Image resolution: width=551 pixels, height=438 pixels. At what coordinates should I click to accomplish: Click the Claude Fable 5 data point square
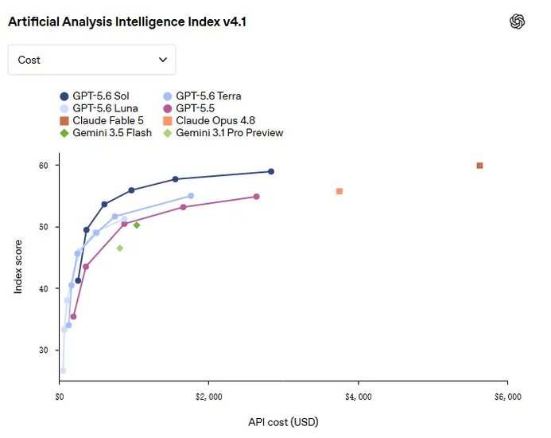(x=479, y=166)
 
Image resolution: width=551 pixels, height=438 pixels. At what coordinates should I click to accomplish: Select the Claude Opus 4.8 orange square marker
(x=340, y=191)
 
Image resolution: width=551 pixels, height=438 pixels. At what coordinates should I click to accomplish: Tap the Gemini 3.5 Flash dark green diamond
(x=137, y=225)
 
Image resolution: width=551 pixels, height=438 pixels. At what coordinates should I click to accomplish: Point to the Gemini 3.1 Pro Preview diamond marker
(x=120, y=248)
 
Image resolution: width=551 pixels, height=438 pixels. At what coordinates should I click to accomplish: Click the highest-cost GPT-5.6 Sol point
(x=271, y=171)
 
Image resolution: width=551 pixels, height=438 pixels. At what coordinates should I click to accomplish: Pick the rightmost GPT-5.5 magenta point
(x=257, y=197)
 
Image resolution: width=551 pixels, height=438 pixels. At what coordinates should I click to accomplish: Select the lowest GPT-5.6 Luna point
(x=64, y=371)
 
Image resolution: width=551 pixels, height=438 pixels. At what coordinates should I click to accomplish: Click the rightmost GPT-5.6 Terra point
(x=191, y=196)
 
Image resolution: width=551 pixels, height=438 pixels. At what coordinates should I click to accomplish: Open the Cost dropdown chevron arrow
(x=163, y=60)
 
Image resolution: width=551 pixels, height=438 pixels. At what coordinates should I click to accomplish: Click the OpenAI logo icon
(x=518, y=22)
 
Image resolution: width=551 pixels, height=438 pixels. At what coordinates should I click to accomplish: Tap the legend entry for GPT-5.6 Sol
(x=94, y=96)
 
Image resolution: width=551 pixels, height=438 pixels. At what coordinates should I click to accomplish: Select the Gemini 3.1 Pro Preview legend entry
(x=223, y=133)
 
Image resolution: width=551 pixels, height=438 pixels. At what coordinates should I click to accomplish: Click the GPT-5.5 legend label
(x=195, y=108)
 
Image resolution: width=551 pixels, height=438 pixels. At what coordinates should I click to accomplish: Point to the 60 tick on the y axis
(x=43, y=165)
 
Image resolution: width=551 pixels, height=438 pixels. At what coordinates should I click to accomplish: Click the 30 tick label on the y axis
(x=43, y=350)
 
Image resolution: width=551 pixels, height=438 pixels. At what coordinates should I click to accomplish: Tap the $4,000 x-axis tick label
(x=359, y=397)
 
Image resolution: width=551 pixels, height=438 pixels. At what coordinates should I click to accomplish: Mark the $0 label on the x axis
(x=60, y=397)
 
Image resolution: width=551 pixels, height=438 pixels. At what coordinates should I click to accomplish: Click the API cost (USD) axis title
(x=283, y=422)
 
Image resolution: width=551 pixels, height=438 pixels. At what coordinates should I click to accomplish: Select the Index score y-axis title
(x=18, y=267)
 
